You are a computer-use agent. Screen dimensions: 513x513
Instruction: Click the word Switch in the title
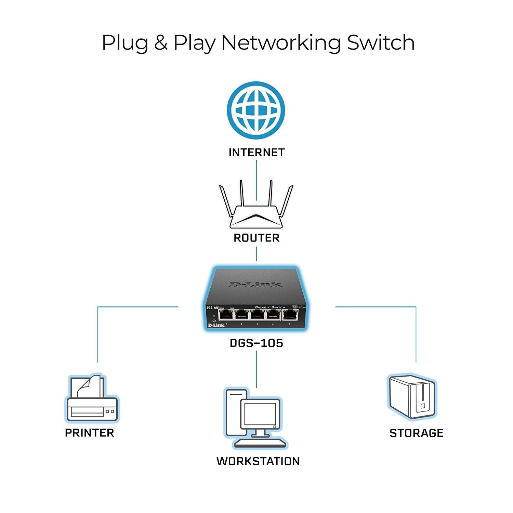coord(381,43)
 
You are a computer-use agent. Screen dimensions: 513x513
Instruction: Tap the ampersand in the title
coord(160,43)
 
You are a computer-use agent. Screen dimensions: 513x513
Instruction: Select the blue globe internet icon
coord(256,110)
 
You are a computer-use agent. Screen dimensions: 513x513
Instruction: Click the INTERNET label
coord(256,153)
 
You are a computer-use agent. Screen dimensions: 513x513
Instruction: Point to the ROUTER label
coord(256,238)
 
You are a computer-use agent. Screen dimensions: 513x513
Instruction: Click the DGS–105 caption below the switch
coord(256,343)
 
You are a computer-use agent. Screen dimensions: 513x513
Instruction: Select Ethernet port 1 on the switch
coord(226,314)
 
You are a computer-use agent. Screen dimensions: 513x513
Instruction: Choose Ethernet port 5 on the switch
coord(290,314)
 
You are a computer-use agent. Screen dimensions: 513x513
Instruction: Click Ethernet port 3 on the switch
coord(258,314)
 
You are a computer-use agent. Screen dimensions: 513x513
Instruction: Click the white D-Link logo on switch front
coord(216,325)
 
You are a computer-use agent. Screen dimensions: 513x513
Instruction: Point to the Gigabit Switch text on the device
coord(270,307)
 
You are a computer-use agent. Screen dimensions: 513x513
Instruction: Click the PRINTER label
coord(90,433)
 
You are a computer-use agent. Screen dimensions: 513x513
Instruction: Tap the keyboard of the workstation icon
coord(260,443)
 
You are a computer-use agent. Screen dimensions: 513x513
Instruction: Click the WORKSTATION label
coord(258,461)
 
